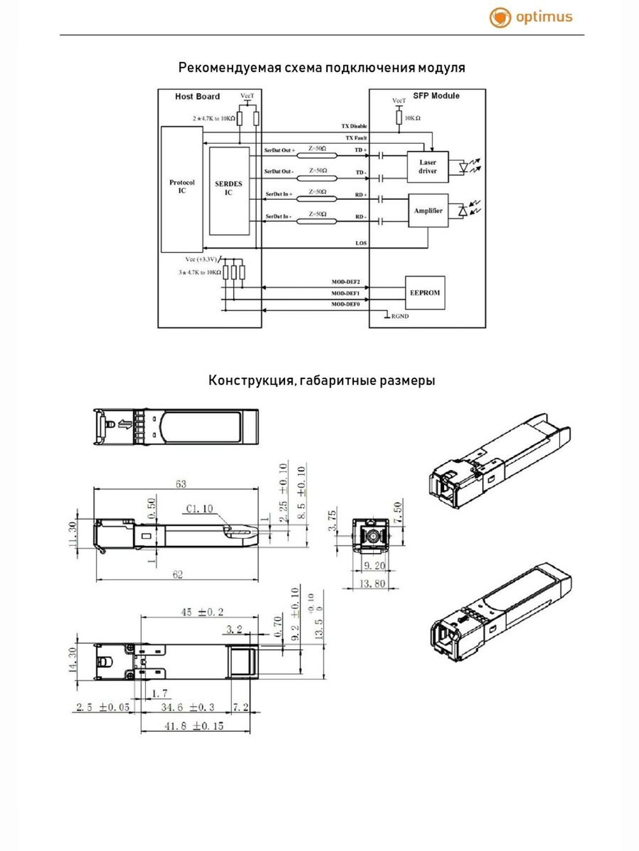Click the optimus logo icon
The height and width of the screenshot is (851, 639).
(500, 17)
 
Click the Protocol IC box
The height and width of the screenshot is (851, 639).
(182, 189)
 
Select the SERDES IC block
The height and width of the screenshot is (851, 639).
(229, 190)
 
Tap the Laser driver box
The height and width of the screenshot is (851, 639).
(427, 167)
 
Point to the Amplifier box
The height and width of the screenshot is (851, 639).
(427, 211)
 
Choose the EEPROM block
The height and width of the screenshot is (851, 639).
(425, 293)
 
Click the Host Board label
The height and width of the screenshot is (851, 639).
(197, 96)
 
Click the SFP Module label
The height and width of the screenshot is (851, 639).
(436, 96)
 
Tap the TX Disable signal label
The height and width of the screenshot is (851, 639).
(354, 126)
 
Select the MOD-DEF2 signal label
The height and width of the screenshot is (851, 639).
(346, 282)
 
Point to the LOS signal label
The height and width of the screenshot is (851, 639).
(361, 243)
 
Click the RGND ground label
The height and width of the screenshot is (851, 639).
(400, 316)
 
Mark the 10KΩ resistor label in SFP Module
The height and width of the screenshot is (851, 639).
(413, 118)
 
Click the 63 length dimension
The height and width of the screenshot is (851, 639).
(181, 484)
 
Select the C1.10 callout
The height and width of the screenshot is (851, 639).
(199, 509)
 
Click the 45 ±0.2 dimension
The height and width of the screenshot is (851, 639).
(202, 612)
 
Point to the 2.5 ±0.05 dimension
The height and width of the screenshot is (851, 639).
(103, 707)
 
